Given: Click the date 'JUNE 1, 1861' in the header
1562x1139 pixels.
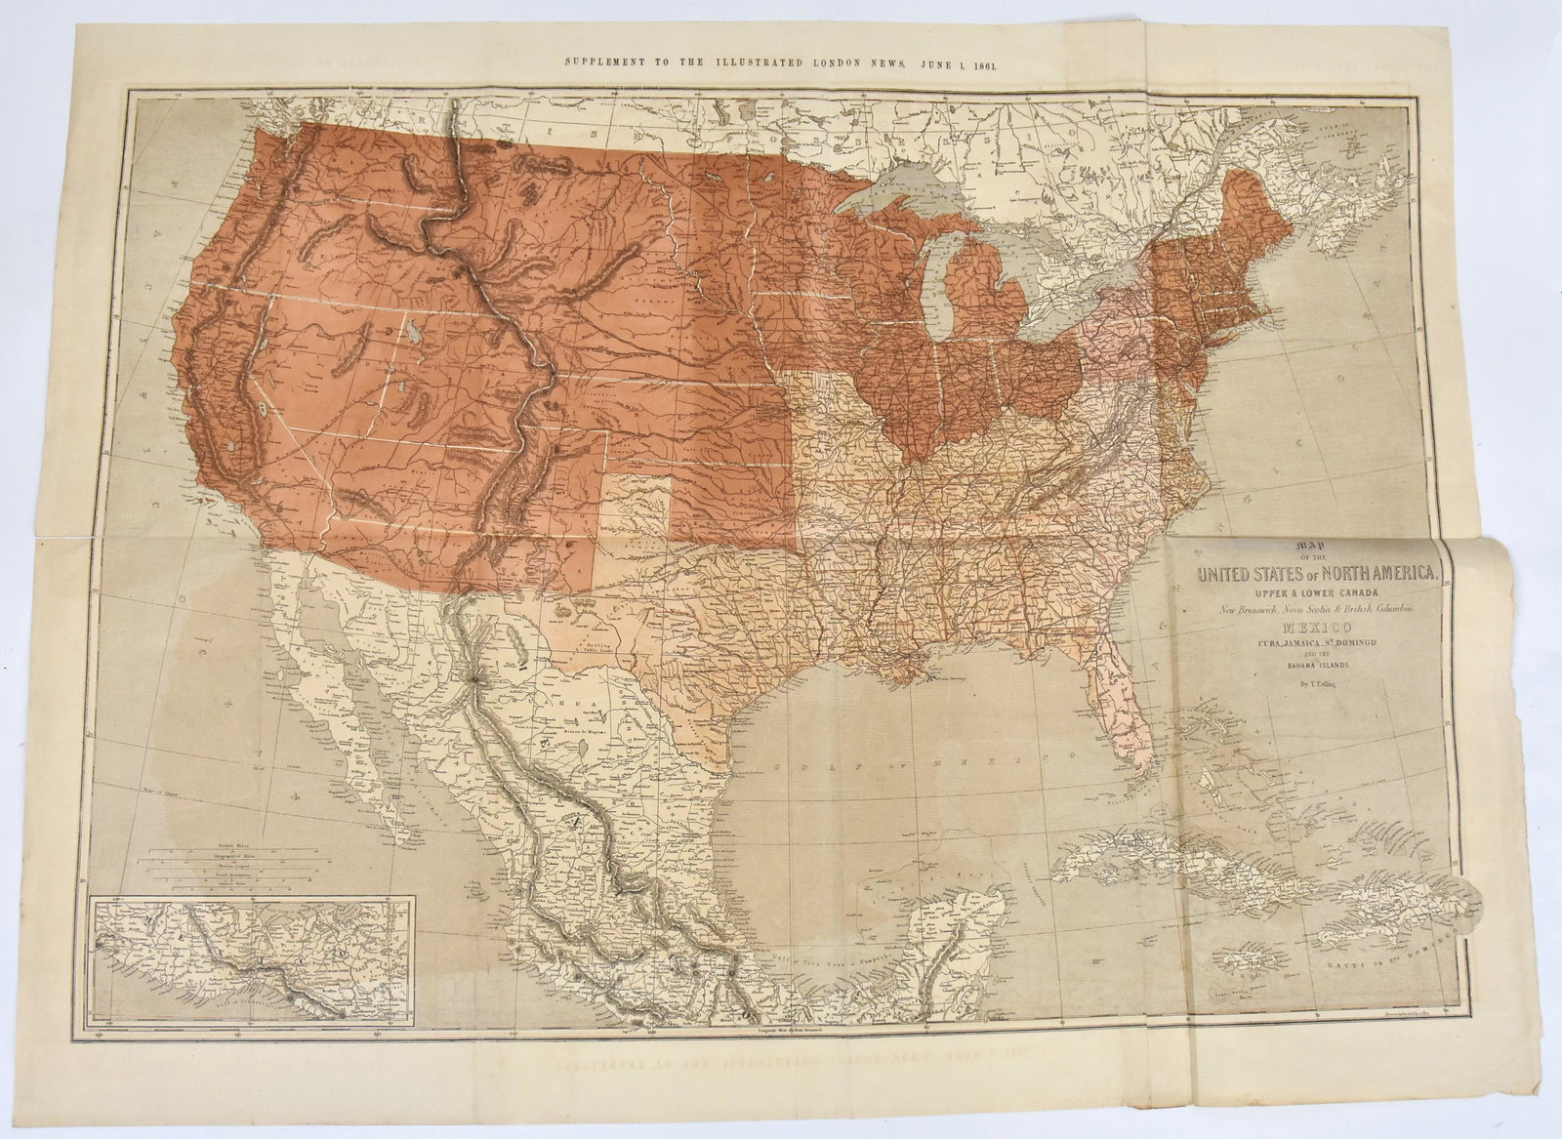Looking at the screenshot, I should pyautogui.click(x=953, y=61).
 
